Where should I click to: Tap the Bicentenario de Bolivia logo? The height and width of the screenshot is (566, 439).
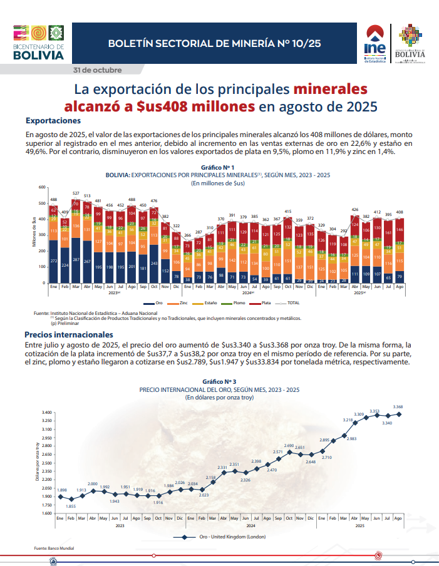point(38,43)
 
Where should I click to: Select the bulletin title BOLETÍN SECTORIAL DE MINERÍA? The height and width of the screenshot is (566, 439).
point(214,43)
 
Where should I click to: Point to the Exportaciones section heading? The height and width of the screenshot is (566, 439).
point(53,120)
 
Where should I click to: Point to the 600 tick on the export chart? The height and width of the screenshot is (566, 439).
point(42,187)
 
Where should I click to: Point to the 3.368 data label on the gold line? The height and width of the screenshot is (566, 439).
point(398,407)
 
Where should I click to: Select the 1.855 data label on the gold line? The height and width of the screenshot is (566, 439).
point(71,506)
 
